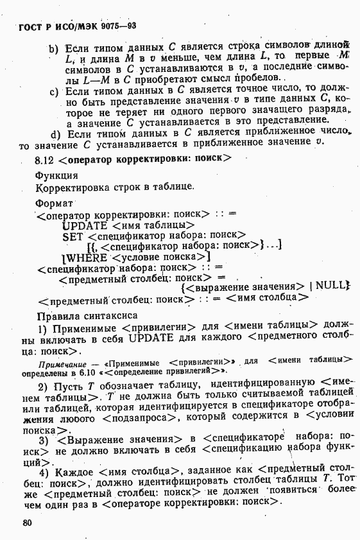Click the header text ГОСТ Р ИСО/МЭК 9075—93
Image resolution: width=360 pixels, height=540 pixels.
pyautogui.click(x=73, y=26)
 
